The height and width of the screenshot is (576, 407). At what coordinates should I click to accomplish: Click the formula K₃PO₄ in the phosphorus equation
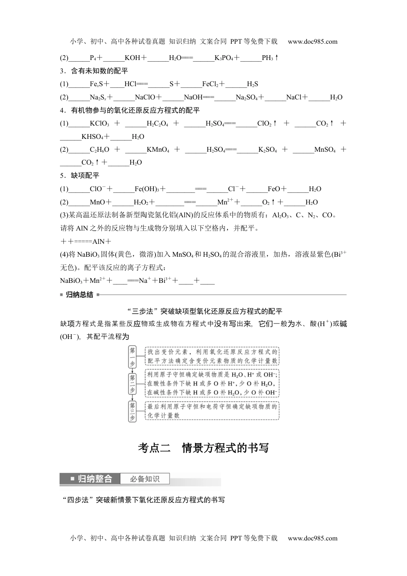click(x=224, y=58)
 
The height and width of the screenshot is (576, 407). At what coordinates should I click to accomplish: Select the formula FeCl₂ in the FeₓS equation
click(x=211, y=84)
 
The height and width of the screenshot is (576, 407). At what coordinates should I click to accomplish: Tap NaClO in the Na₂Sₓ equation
click(x=145, y=97)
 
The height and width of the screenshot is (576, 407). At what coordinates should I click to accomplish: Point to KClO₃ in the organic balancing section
click(x=99, y=124)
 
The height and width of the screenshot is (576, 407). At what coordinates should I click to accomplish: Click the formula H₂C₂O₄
click(x=157, y=124)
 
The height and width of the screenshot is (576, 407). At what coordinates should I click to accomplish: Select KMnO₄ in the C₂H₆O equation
click(x=158, y=150)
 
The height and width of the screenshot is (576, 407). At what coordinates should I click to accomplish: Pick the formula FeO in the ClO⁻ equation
click(x=274, y=189)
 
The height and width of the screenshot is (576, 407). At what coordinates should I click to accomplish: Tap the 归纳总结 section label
click(x=79, y=295)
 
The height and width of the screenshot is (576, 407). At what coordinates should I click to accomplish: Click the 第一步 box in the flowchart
click(x=132, y=356)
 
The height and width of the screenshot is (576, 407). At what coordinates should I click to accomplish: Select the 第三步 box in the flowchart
click(x=132, y=411)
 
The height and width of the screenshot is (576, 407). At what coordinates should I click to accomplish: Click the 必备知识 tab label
click(x=145, y=479)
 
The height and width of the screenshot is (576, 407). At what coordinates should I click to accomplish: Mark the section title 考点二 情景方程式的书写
click(x=203, y=448)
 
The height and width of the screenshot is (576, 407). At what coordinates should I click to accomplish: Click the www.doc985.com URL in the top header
click(x=313, y=42)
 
